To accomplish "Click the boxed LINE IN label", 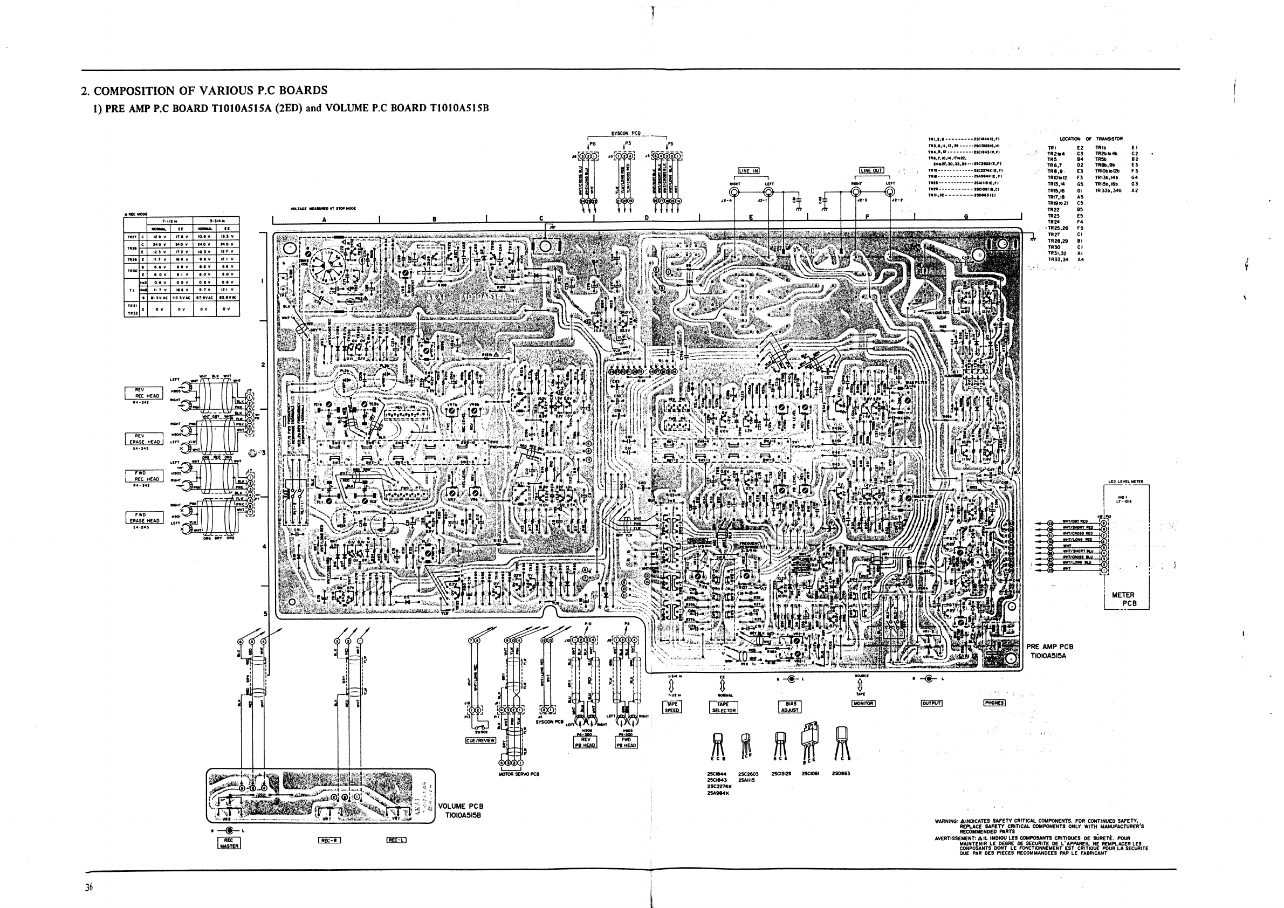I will coord(749,170).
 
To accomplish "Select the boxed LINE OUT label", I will coord(871,170).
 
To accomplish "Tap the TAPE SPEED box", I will coord(671,707).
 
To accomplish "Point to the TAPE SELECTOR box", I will coord(724,707).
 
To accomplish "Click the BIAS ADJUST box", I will coord(791,707).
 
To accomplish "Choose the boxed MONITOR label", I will coord(863,703).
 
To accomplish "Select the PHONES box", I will coord(994,703).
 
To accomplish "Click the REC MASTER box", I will coord(229,843).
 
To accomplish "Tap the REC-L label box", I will coord(396,841).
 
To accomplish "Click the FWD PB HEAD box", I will coord(626,742).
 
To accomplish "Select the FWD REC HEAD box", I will coord(145,476).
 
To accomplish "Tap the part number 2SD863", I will coord(841,774).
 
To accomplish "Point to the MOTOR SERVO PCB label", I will coord(518,774).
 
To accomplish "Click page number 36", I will coord(89,888).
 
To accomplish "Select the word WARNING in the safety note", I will coord(946,822).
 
